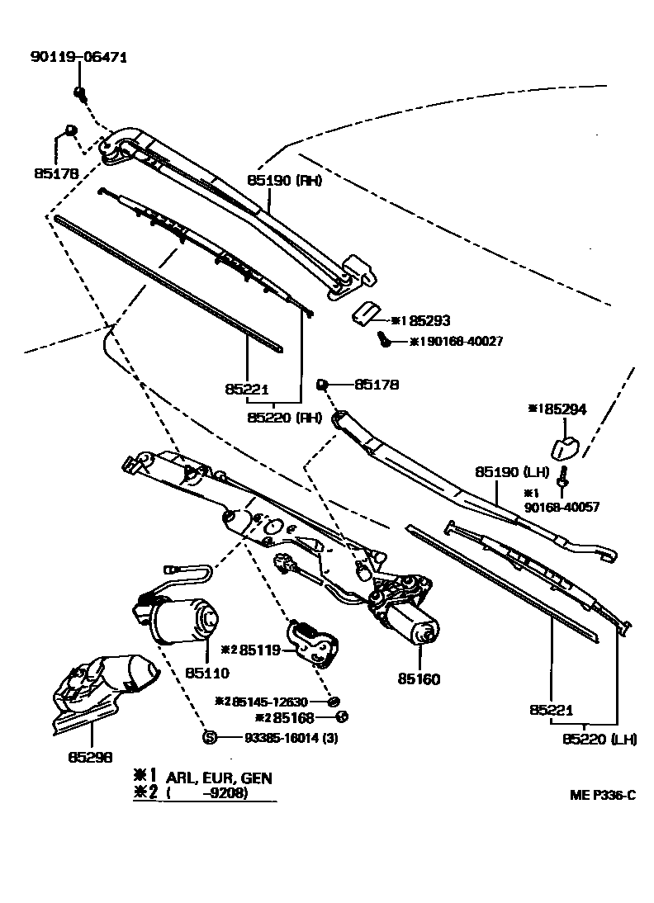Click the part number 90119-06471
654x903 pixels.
pyautogui.click(x=78, y=57)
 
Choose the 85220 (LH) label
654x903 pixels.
pyautogui.click(x=599, y=739)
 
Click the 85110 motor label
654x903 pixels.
pyautogui.click(x=206, y=673)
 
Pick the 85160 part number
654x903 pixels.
pyautogui.click(x=419, y=679)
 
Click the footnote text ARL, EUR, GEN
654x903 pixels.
pyautogui.click(x=219, y=778)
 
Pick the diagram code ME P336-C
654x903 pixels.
pyautogui.click(x=603, y=795)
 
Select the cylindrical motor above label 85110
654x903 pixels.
pyautogui.click(x=177, y=620)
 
